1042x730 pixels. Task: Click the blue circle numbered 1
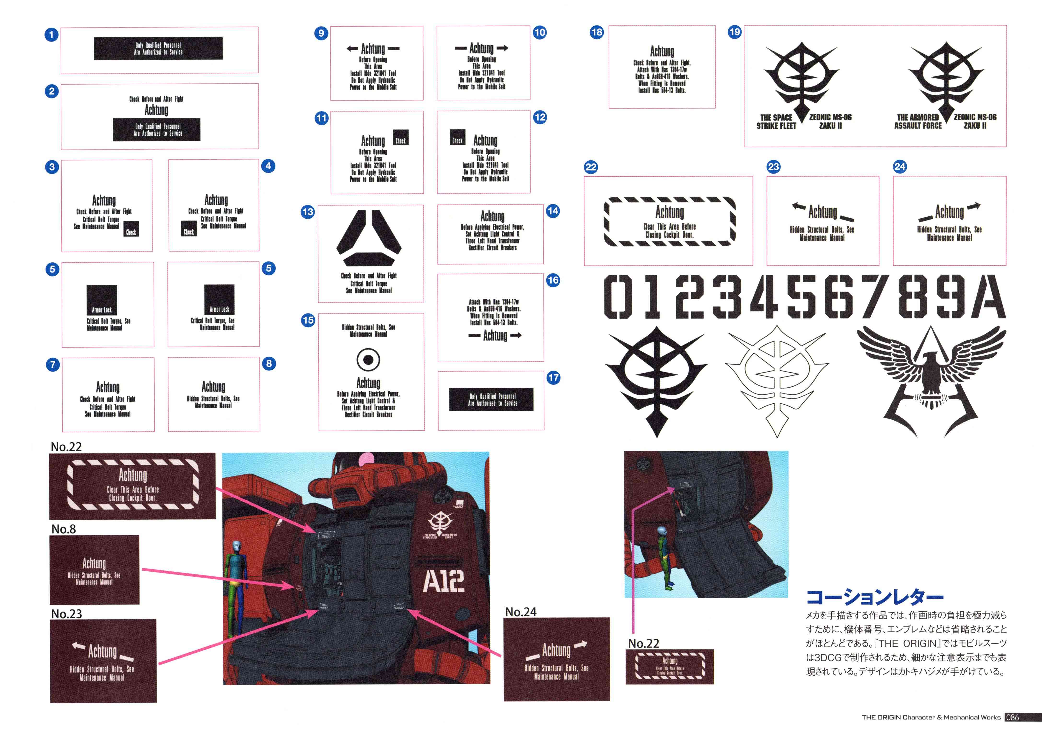(51, 35)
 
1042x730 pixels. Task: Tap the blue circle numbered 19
(734, 32)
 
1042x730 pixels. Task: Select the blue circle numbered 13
(308, 212)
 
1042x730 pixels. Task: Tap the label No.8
(64, 529)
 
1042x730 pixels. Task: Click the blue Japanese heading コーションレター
(874, 597)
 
